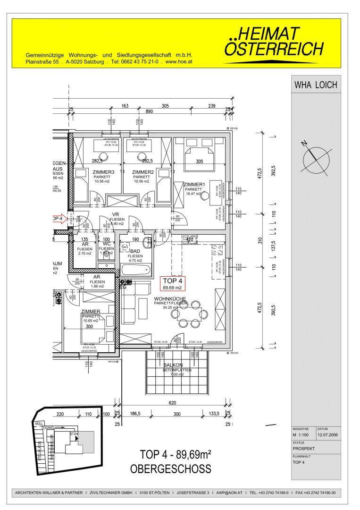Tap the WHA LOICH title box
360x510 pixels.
(316, 85)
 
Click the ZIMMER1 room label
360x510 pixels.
(194, 184)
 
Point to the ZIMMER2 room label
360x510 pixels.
(143, 172)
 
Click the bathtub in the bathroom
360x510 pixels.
(136, 270)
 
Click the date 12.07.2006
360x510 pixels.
(328, 435)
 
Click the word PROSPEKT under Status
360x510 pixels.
(303, 449)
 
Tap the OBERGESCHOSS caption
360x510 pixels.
(170, 470)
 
